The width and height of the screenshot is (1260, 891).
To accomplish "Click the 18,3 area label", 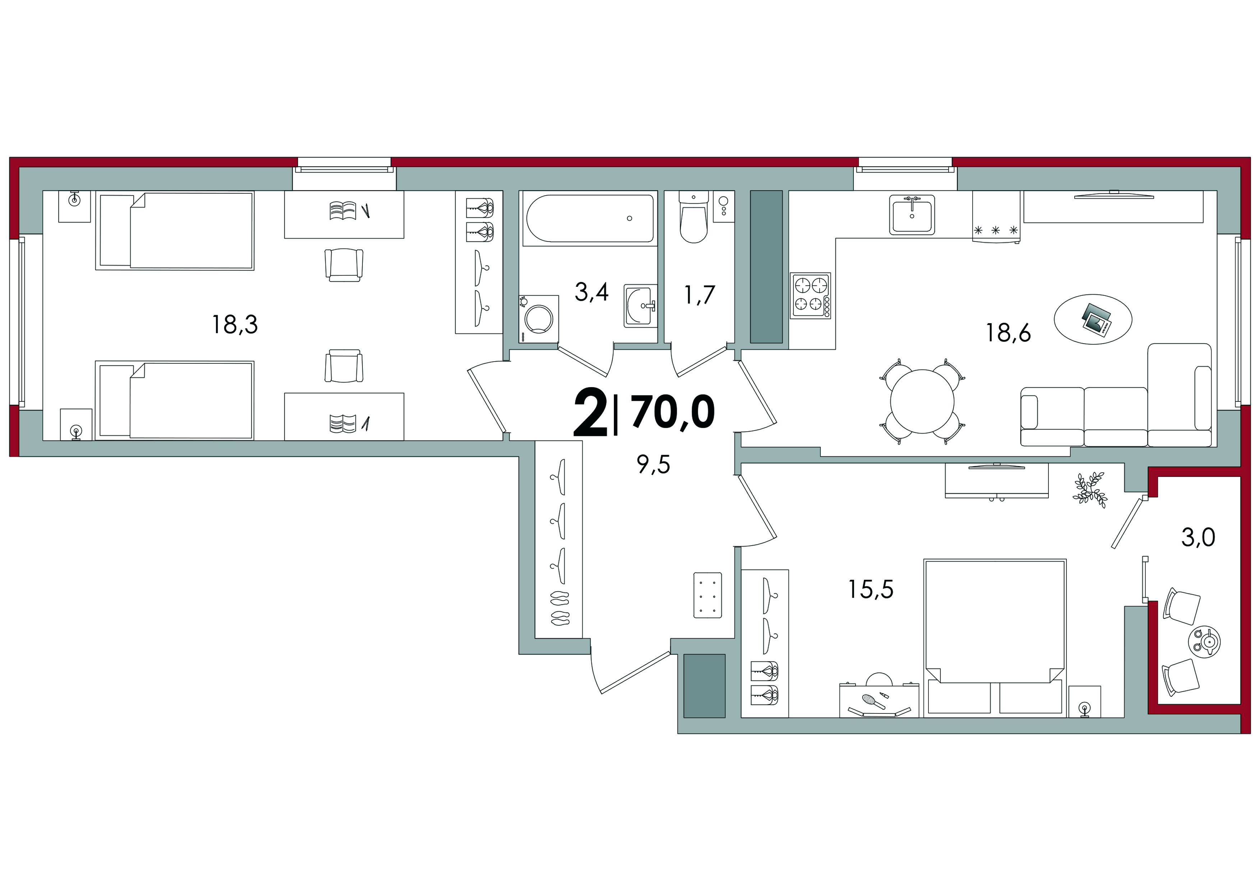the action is pyautogui.click(x=235, y=325).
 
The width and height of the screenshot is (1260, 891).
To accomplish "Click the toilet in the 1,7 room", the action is pyautogui.click(x=694, y=217).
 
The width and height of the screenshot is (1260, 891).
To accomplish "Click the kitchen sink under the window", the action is pyautogui.click(x=912, y=215).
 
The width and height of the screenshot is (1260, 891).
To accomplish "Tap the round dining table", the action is pyautogui.click(x=922, y=401).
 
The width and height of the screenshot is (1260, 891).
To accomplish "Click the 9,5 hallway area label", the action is pyautogui.click(x=653, y=465).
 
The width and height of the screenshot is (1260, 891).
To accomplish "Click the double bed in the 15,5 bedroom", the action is pyautogui.click(x=995, y=638).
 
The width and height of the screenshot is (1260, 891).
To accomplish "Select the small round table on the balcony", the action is pyautogui.click(x=1204, y=642).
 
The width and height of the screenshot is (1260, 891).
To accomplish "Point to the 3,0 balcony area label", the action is pyautogui.click(x=1198, y=538).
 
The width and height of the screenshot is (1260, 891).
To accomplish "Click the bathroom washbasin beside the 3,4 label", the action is pyautogui.click(x=640, y=306).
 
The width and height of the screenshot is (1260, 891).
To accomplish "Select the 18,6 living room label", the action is pyautogui.click(x=1009, y=333).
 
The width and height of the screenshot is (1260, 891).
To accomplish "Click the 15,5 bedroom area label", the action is pyautogui.click(x=871, y=589).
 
